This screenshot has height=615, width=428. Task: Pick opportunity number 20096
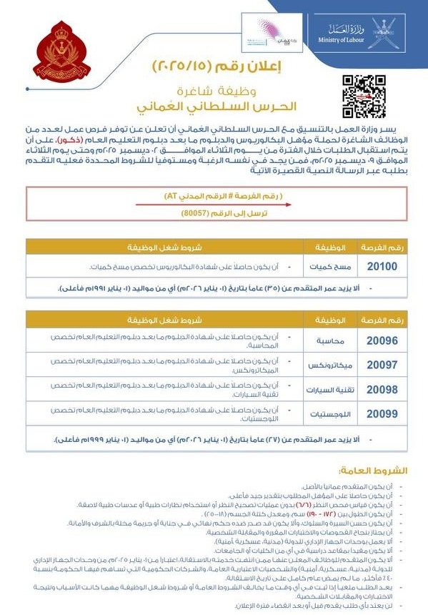pos(382,341)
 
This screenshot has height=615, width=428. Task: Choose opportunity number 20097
pos(382,365)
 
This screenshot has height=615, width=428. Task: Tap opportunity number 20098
pos(382,389)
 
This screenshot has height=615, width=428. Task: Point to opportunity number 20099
pos(382,413)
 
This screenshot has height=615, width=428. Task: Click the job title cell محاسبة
pos(331,341)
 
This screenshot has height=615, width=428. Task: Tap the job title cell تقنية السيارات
pos(327,389)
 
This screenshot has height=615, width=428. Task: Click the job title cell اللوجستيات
pos(327,413)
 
